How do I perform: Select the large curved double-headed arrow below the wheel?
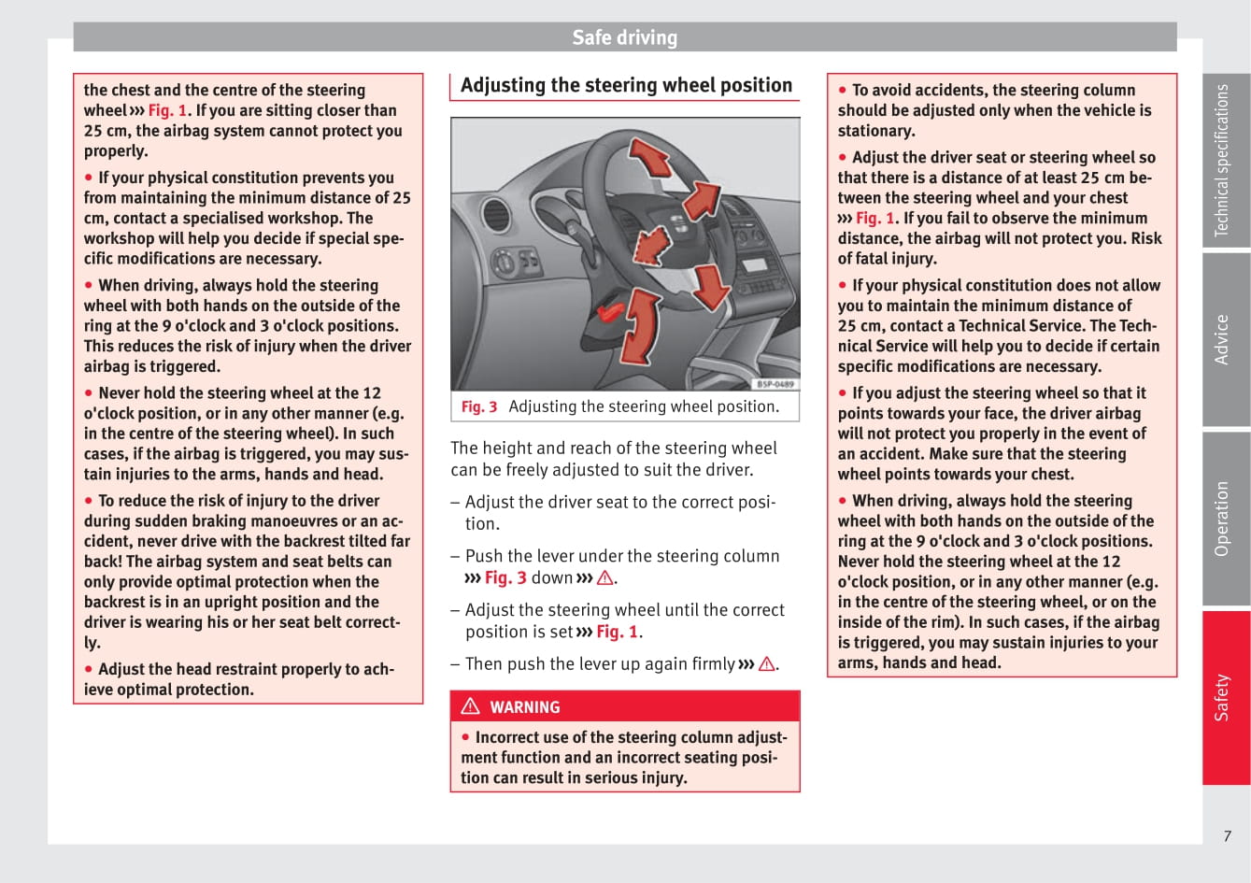click(639, 327)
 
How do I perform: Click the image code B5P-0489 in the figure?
click(775, 384)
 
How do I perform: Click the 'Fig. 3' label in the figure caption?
click(479, 406)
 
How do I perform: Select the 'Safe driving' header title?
click(624, 37)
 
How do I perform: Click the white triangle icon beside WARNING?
click(470, 706)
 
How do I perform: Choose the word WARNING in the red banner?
click(525, 707)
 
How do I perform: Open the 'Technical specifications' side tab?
click(1222, 160)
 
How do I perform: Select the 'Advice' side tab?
click(1222, 339)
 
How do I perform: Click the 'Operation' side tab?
click(1222, 519)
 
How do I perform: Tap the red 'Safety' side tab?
click(1222, 697)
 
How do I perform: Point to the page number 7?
click(1228, 836)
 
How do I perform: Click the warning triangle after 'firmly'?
click(767, 664)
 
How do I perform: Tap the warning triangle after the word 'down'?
click(605, 578)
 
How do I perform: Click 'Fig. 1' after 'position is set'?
click(618, 632)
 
